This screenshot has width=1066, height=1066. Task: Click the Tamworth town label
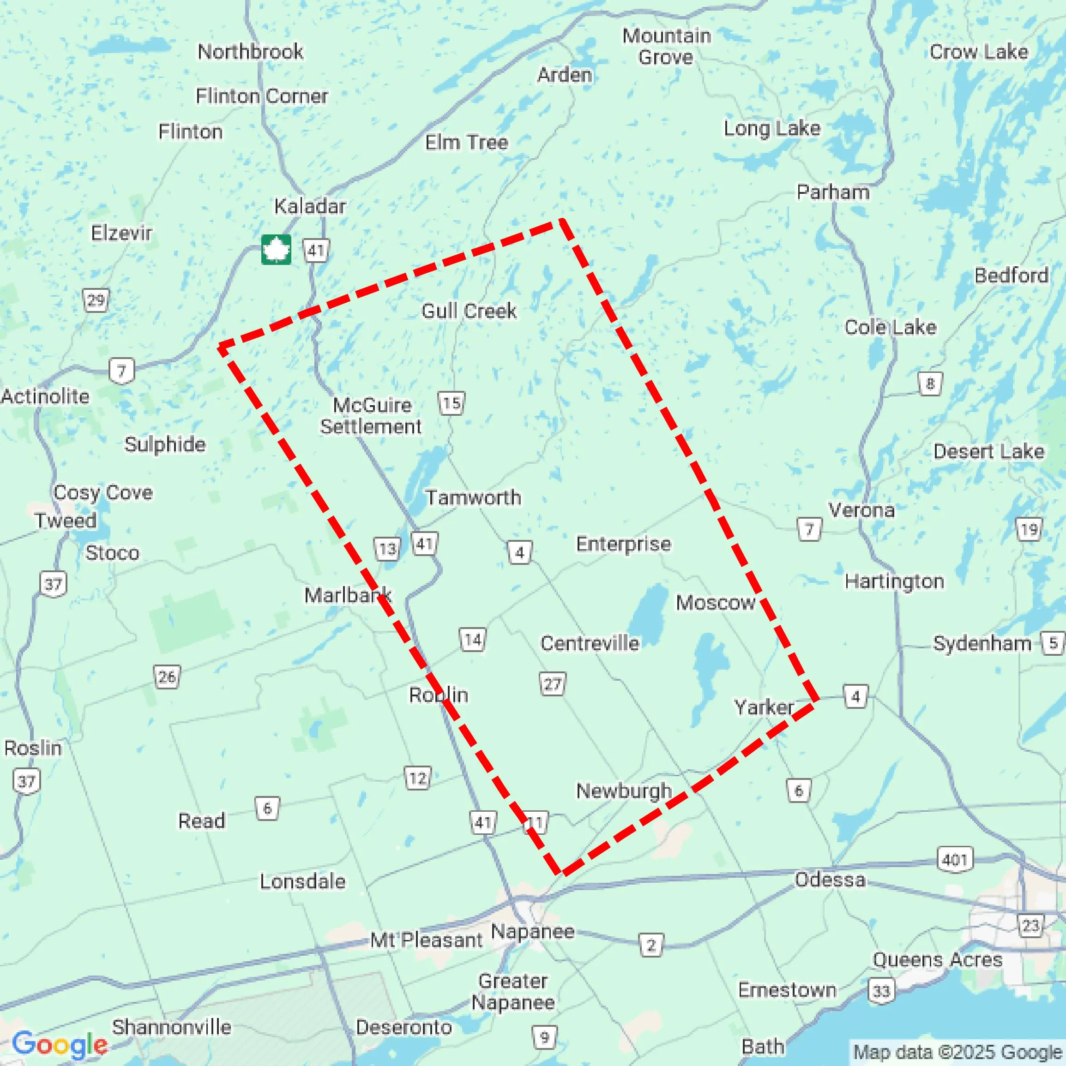[473, 497]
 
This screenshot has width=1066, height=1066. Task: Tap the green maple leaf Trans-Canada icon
[276, 250]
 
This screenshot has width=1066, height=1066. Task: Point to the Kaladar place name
[310, 206]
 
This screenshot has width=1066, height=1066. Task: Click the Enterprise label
[623, 544]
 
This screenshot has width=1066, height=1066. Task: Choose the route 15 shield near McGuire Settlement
[451, 403]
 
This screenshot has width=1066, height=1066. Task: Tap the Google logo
[60, 1044]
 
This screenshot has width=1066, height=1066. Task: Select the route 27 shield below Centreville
[552, 684]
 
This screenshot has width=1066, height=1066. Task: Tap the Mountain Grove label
[666, 46]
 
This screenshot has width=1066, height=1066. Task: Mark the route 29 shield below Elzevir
[96, 301]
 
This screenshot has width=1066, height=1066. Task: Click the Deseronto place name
[404, 1027]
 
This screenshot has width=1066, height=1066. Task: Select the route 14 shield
[473, 640]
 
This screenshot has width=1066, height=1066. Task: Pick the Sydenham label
[982, 643]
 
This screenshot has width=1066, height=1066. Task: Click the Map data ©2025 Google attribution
[958, 1052]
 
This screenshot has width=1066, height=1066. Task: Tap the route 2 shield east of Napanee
[651, 945]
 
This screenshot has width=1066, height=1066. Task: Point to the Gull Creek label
[469, 311]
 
